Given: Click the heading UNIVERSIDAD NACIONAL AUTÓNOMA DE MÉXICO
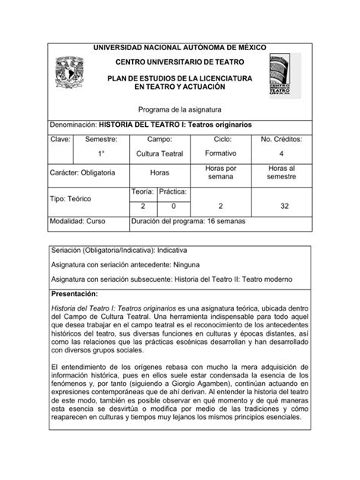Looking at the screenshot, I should click(x=179, y=47).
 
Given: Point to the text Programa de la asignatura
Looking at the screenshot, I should click(x=179, y=108).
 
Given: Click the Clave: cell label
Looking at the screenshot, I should click(x=61, y=141).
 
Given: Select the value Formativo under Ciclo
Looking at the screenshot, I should click(x=221, y=155).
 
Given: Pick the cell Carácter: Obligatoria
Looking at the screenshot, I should click(x=84, y=172).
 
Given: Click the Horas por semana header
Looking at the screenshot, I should click(x=221, y=172).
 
